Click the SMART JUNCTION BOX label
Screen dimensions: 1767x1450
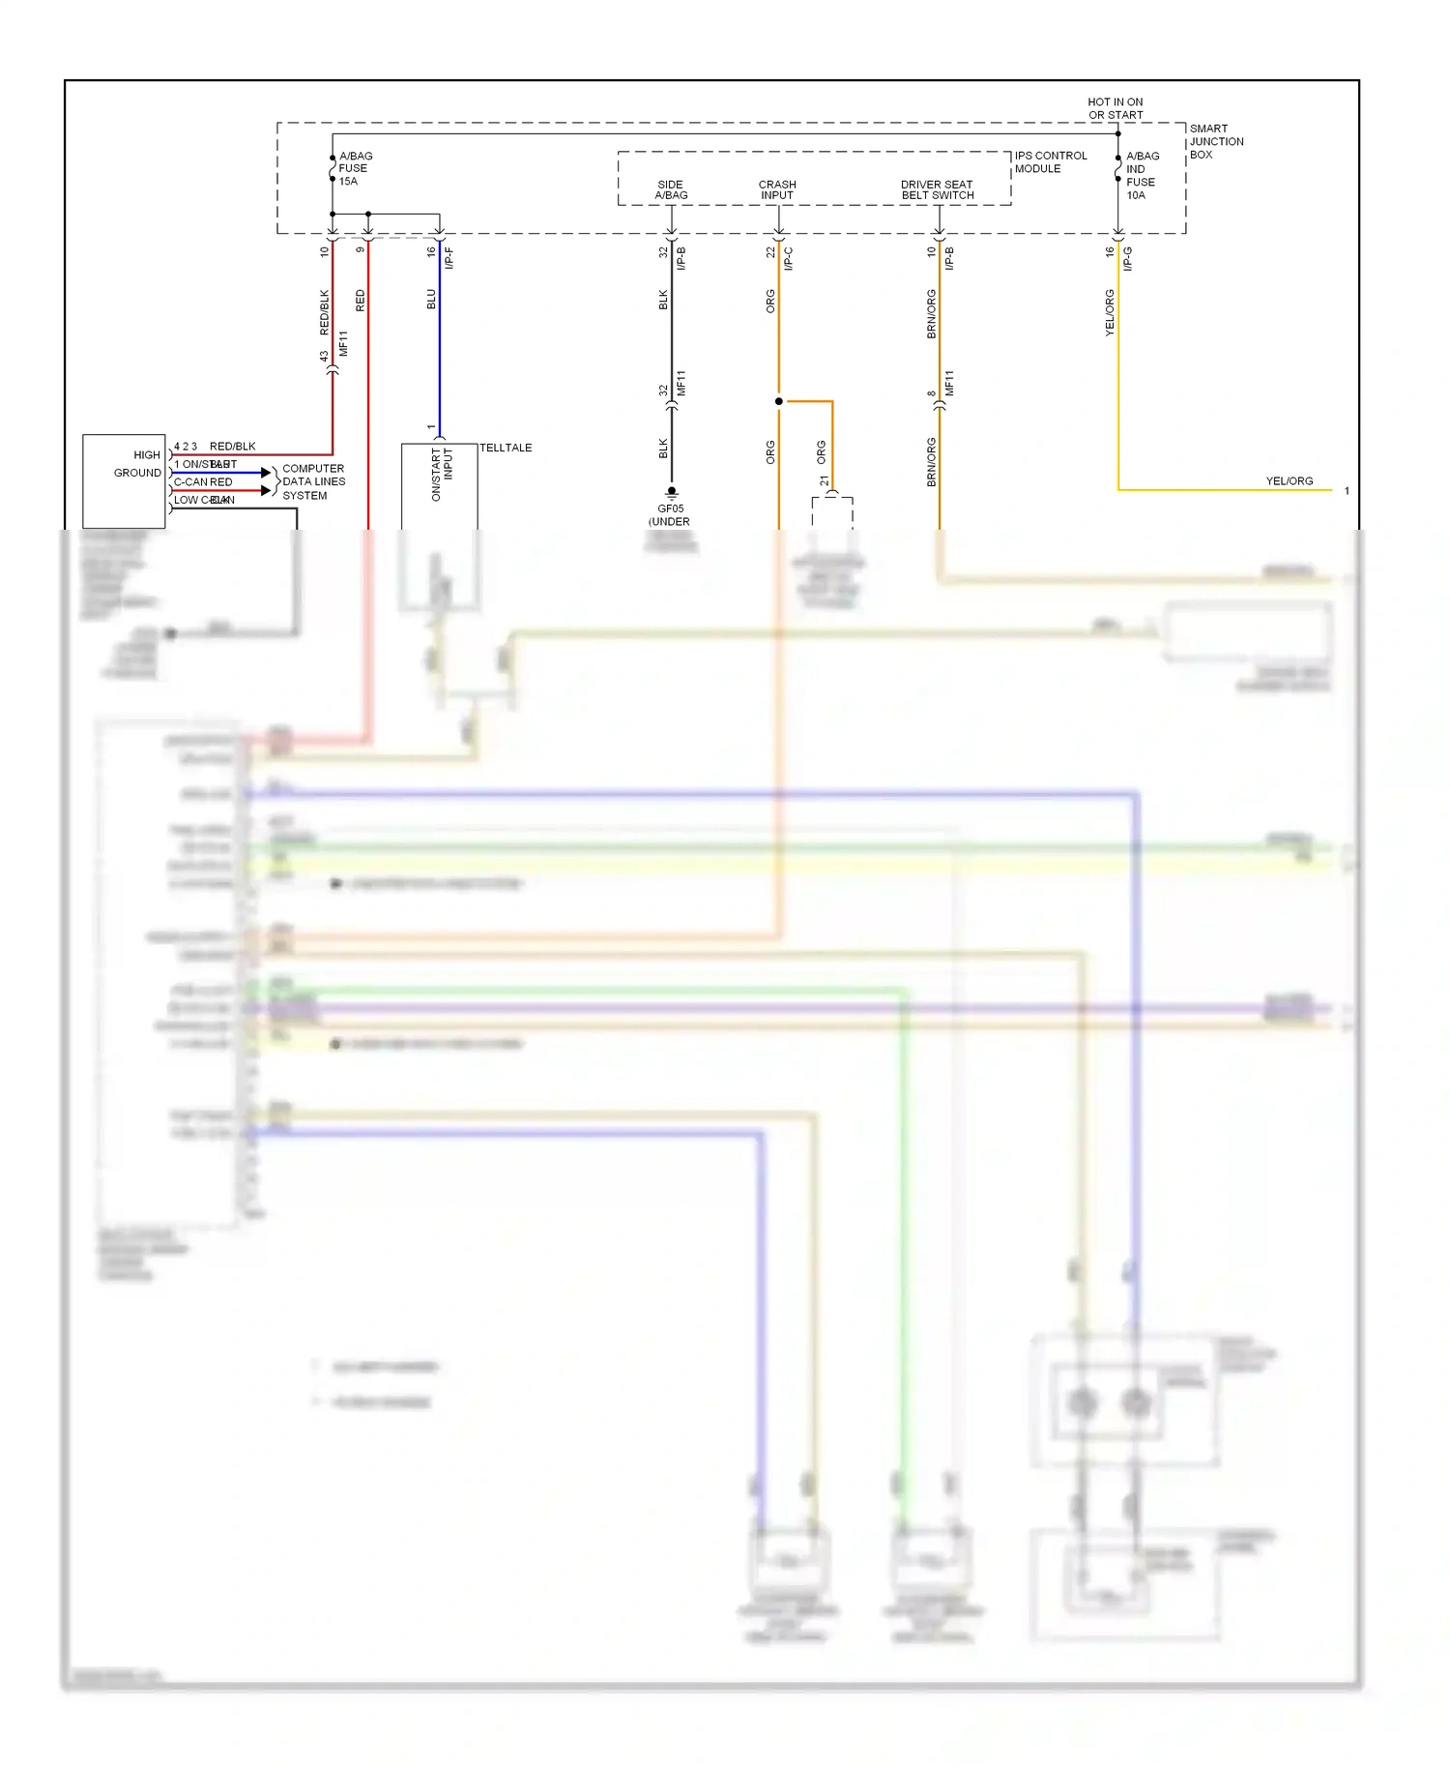(1215, 141)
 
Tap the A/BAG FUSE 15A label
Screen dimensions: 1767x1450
(354, 168)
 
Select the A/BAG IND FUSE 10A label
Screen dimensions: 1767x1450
(1142, 175)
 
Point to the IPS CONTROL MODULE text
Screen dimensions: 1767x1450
(1050, 161)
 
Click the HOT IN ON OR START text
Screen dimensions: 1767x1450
(1115, 108)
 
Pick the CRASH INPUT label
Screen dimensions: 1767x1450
(777, 189)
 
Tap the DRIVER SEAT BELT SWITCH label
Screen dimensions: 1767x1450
(937, 189)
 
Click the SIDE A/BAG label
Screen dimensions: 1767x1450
(671, 189)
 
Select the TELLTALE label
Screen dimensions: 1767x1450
(506, 448)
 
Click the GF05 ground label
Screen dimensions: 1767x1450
(670, 508)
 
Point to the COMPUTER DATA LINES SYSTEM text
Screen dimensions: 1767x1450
(312, 481)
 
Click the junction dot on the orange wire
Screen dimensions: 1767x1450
(779, 401)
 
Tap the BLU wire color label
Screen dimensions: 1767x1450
(431, 299)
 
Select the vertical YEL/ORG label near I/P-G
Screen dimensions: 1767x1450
(1110, 312)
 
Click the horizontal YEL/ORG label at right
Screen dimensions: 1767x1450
(1289, 480)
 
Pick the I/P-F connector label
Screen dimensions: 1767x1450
(449, 257)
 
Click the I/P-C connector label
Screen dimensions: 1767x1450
(789, 257)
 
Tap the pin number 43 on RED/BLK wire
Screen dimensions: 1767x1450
(325, 356)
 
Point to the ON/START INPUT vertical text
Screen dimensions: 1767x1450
(441, 473)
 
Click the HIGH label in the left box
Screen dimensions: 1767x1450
(147, 454)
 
